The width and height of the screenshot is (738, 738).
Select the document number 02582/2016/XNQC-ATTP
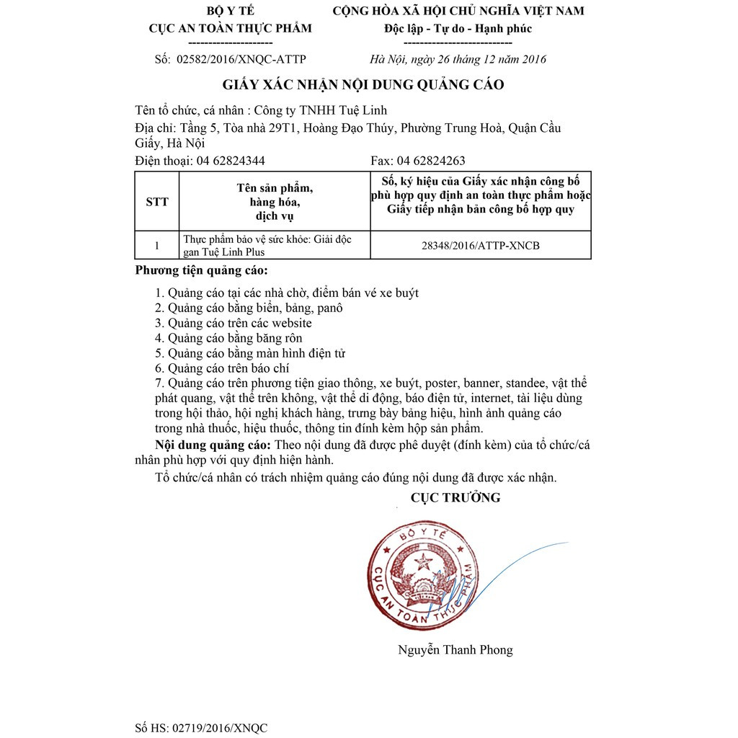pos(241,59)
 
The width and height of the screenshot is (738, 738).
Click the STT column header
pos(156,202)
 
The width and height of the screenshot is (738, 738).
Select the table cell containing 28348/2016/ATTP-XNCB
pos(480,246)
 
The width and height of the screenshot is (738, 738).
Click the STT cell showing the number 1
pos(156,246)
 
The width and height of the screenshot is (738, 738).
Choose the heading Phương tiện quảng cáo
pos(201,271)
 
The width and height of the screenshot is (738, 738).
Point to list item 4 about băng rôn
pos(229,338)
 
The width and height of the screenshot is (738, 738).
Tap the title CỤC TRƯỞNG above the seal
pos(455,498)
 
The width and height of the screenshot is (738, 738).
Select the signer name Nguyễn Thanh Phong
pos(455,650)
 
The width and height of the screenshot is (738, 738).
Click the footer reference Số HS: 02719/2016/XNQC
pos(201,728)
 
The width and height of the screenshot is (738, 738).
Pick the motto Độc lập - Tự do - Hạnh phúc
pos(458,29)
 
